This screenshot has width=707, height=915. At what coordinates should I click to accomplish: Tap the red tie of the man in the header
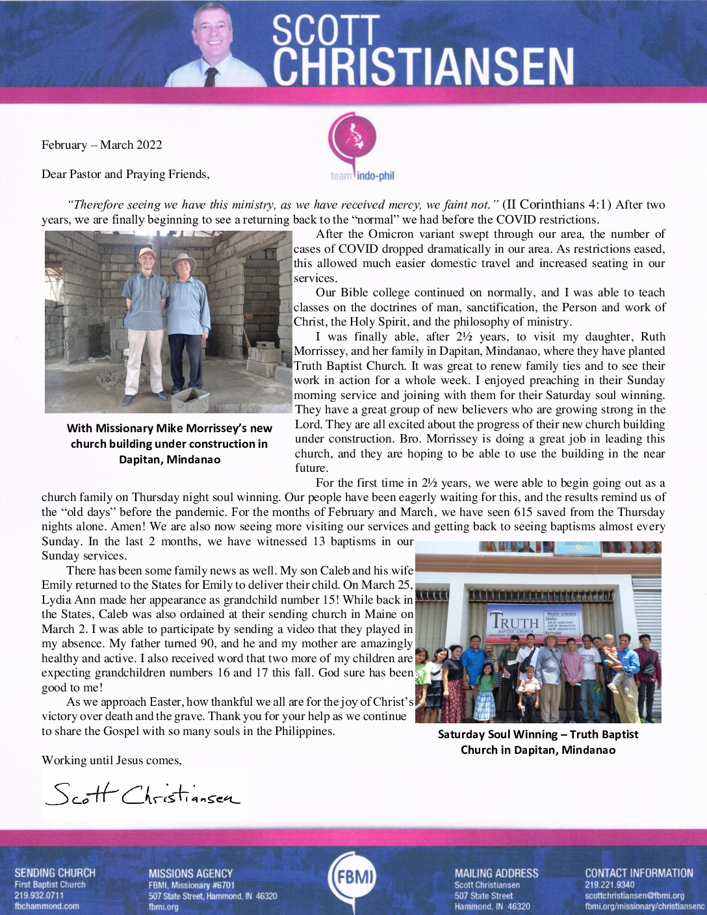coord(211,77)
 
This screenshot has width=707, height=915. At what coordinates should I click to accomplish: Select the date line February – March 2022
coord(102,145)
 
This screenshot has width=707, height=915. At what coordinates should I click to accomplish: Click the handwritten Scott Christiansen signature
coord(143,794)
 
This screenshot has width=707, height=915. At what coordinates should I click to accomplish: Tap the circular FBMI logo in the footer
coord(353,877)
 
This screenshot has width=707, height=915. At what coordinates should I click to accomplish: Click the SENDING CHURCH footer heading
coord(55,873)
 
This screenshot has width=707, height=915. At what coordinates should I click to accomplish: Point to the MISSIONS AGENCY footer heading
coord(190,873)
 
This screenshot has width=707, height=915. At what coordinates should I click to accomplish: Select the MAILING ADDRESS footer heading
coord(496,873)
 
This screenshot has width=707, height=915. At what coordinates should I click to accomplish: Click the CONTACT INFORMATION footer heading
coord(639,873)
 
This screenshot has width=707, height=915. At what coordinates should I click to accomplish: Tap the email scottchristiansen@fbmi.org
coord(634,896)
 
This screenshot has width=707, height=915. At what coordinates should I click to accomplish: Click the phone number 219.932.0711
coord(39,896)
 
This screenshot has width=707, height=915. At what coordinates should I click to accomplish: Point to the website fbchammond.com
coord(47,906)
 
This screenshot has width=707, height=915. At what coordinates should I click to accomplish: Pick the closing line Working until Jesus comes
coord(112,760)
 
